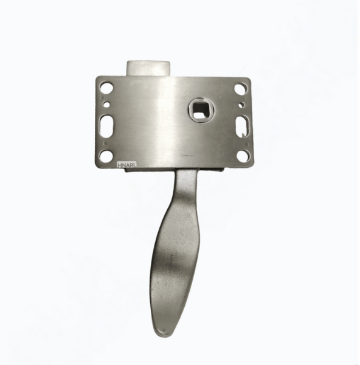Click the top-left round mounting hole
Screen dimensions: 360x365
[106, 88]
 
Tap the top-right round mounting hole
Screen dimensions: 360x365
[240, 88]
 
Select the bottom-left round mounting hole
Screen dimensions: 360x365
[105, 155]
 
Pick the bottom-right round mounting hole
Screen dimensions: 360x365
[243, 155]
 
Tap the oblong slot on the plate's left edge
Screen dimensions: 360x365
[106, 125]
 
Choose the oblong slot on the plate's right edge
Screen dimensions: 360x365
[243, 125]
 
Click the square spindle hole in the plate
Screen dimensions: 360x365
[199, 109]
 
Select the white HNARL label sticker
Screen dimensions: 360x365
[127, 165]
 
